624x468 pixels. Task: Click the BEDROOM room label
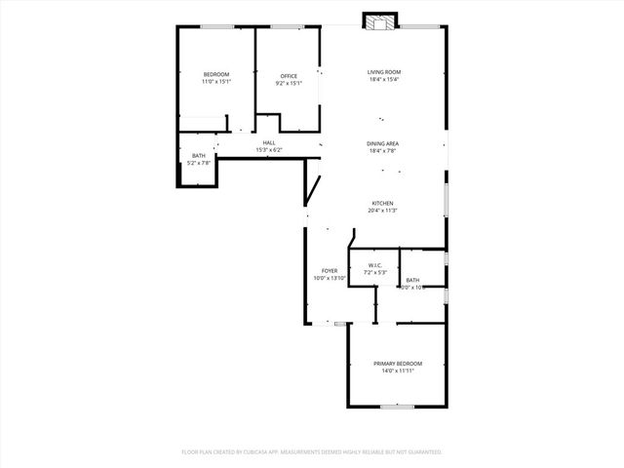coord(215,75)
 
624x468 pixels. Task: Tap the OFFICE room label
coord(289,76)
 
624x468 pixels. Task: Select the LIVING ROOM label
coord(384,72)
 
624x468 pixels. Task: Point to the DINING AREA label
coord(383,143)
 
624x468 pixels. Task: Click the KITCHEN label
coord(382,203)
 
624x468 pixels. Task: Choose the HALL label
coord(268,143)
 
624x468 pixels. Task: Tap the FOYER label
coord(330,270)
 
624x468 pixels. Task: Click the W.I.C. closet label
coord(375,265)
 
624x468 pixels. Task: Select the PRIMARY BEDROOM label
coord(397,364)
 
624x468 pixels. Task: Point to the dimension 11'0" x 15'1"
coord(215,83)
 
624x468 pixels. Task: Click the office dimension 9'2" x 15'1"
coord(289,83)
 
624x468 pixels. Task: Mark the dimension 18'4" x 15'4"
coord(384,80)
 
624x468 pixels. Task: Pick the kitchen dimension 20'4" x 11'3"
coord(382,211)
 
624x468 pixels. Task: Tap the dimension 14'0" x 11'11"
coord(397,371)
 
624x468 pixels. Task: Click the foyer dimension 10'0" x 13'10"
coord(330,278)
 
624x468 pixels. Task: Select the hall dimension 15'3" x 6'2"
coord(269,150)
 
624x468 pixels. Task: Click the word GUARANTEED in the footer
coord(421,452)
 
